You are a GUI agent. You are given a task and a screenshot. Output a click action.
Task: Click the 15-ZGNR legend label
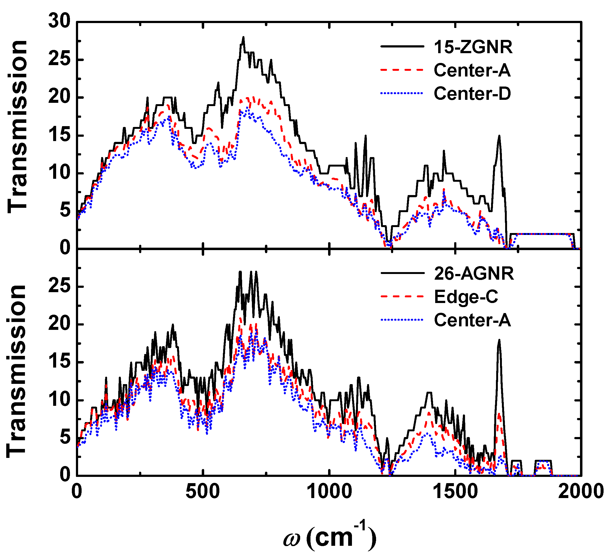[x=473, y=47]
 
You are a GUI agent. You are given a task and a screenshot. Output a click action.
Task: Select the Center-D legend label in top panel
[x=472, y=93]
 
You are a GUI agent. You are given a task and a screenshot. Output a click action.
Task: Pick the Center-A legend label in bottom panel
[x=472, y=320]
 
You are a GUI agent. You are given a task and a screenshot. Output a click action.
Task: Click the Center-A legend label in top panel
[x=472, y=70]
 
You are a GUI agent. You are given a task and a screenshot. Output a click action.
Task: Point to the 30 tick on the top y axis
[x=59, y=22]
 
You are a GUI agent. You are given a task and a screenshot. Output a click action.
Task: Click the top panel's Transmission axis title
[x=18, y=127]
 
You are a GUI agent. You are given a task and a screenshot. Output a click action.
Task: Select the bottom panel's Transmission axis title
[x=17, y=371]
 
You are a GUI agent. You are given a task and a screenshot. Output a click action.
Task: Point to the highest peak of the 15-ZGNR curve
[x=243, y=37]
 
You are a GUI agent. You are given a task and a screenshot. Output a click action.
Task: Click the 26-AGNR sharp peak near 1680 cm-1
[x=499, y=340]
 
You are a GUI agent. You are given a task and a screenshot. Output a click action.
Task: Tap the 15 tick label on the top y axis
[x=59, y=135]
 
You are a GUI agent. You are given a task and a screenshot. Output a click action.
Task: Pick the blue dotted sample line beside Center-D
[x=402, y=93]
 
